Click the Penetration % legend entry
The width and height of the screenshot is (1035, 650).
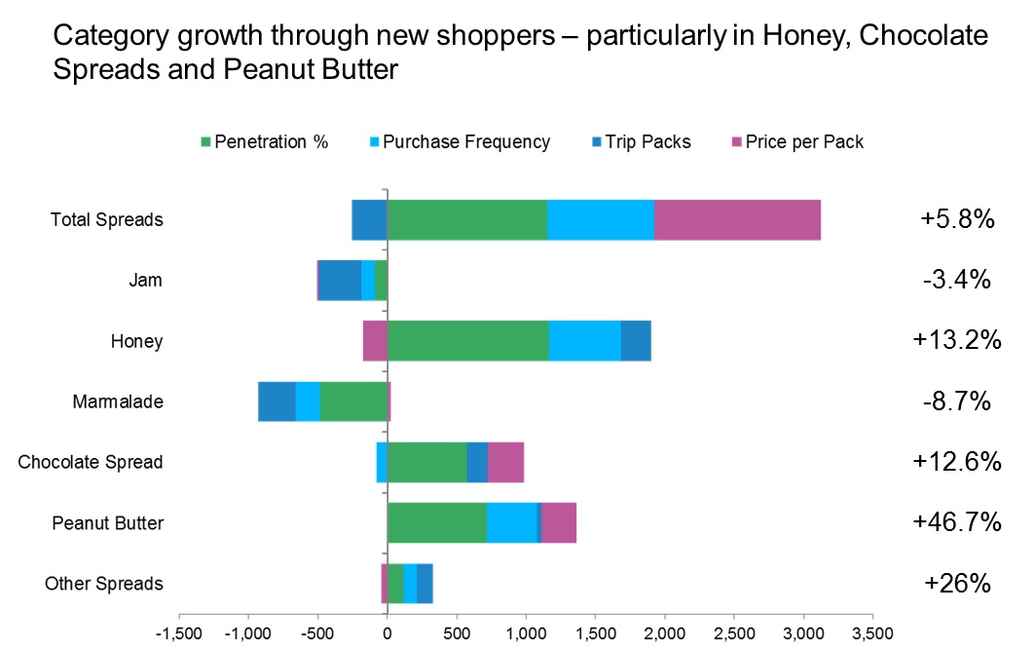tap(264, 142)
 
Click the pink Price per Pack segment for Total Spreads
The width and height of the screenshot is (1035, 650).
tap(737, 219)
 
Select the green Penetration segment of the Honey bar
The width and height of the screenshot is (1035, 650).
tap(467, 341)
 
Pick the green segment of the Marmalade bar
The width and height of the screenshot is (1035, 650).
tap(353, 401)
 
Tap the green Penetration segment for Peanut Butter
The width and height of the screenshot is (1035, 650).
tap(436, 522)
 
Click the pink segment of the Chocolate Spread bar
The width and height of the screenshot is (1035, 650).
tap(505, 462)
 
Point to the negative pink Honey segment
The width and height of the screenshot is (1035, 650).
tap(375, 341)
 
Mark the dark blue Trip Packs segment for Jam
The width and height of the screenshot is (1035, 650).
tap(340, 281)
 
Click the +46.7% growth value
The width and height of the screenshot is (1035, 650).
tap(957, 522)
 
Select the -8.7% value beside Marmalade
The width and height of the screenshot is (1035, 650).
tap(956, 401)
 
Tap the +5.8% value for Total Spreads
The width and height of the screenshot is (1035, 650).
tap(957, 219)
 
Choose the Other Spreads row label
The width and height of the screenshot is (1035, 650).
tap(104, 584)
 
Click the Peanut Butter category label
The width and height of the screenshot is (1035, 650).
tap(107, 523)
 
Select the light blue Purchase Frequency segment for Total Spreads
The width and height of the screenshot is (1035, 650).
tap(600, 219)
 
